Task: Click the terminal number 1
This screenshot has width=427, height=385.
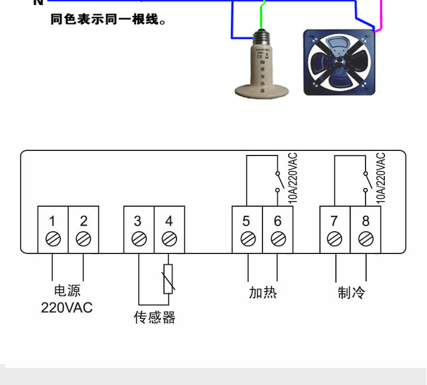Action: (x=52, y=221)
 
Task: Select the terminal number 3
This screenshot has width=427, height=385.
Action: (x=138, y=221)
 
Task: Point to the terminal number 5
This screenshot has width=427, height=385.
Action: (x=247, y=221)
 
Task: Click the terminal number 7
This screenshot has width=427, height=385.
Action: (x=335, y=221)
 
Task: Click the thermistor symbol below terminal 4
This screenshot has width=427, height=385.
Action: (x=168, y=279)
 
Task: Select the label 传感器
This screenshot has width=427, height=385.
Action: (x=154, y=317)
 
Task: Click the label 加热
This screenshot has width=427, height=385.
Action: (x=262, y=293)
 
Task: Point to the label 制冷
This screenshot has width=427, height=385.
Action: (x=351, y=293)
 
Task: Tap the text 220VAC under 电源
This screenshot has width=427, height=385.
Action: (x=67, y=308)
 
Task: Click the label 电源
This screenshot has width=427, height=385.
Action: (x=67, y=291)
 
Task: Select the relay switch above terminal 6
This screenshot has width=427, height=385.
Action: (x=278, y=181)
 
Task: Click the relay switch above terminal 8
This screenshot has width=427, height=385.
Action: (x=366, y=181)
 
